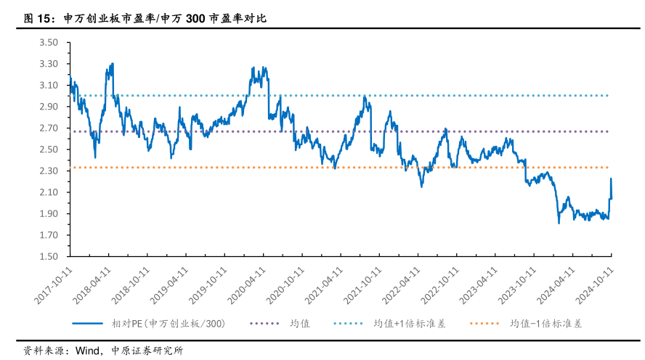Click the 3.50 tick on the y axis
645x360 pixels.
point(48,43)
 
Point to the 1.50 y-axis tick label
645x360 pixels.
point(48,257)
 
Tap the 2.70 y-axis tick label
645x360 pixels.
point(48,128)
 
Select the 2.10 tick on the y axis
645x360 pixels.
point(48,192)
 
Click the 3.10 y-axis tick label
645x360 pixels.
point(48,86)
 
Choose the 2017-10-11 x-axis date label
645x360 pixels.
point(54,284)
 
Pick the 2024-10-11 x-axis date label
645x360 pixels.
point(596,284)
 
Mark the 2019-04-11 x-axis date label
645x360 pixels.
point(171,284)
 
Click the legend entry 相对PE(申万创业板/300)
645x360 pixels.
point(168,324)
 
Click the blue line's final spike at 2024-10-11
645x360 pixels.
point(611,179)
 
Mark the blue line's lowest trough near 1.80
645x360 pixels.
point(559,223)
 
